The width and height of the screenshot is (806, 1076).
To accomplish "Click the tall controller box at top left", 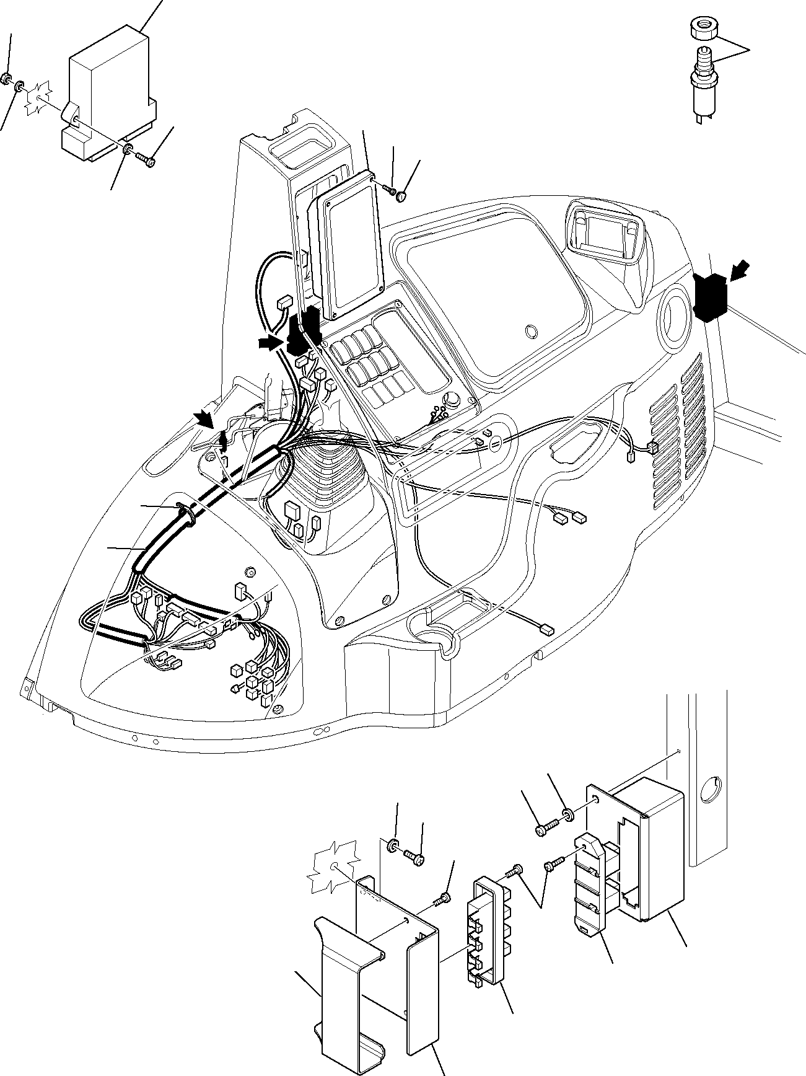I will pyautogui.click(x=109, y=93).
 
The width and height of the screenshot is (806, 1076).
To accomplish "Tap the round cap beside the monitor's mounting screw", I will pyautogui.click(x=402, y=196).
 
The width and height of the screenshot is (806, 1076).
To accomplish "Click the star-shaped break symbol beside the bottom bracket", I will pyautogui.click(x=333, y=868).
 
